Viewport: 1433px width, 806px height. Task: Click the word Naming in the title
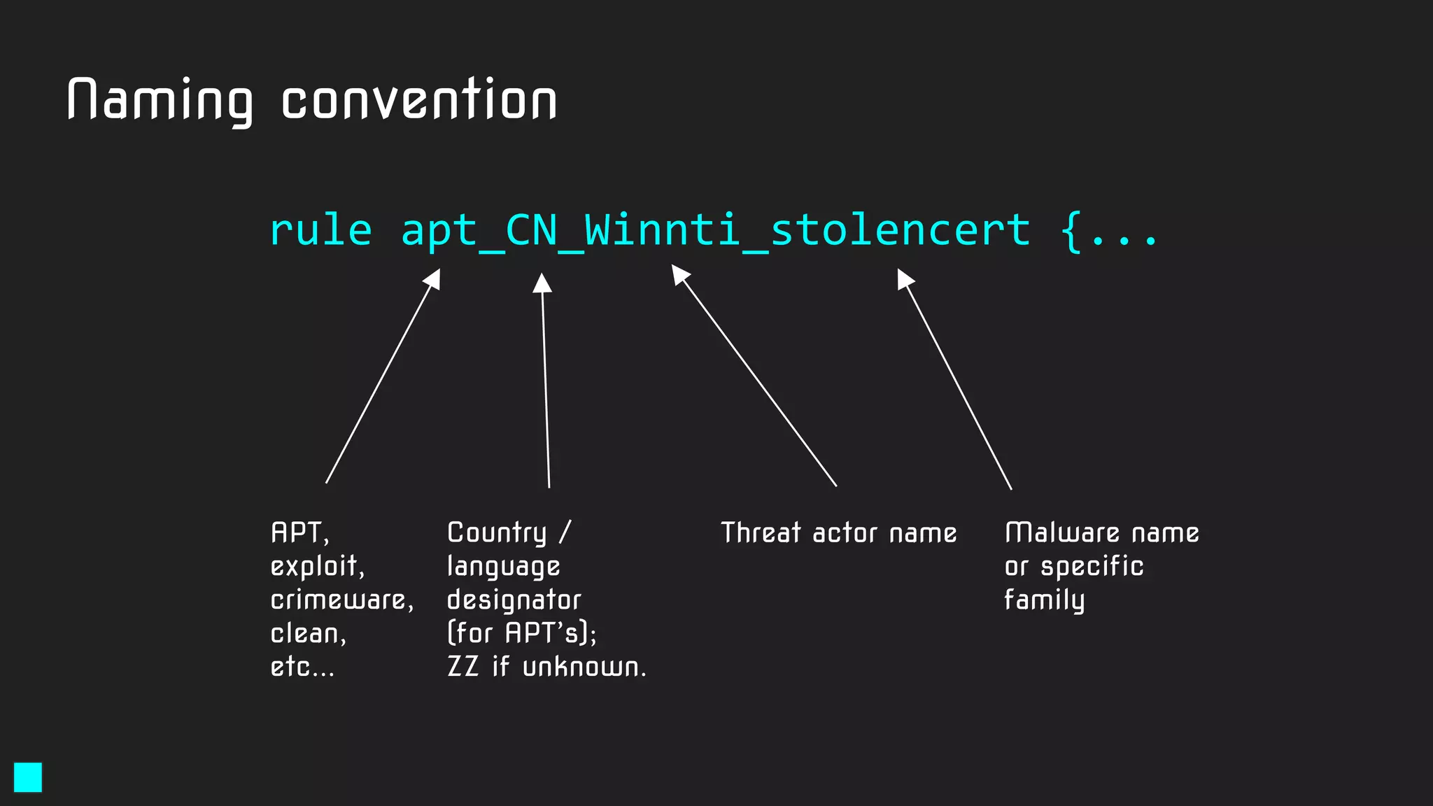pos(160,101)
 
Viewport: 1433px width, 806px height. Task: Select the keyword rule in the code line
pos(321,230)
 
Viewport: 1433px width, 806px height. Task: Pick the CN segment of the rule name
pos(531,230)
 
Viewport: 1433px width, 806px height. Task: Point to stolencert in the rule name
pos(901,230)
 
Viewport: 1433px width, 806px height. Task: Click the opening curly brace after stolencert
pos(1071,232)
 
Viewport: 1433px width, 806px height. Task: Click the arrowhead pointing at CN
pos(542,283)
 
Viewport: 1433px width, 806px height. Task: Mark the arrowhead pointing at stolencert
pos(905,278)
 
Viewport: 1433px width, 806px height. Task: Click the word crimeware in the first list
pos(339,600)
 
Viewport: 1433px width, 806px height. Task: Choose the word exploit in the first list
pos(315,566)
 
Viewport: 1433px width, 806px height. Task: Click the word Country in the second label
pos(497,533)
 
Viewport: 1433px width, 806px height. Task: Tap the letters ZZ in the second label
pos(463,667)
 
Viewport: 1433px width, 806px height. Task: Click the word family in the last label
pos(1044,600)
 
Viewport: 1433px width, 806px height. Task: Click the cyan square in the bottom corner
pos(28,777)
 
